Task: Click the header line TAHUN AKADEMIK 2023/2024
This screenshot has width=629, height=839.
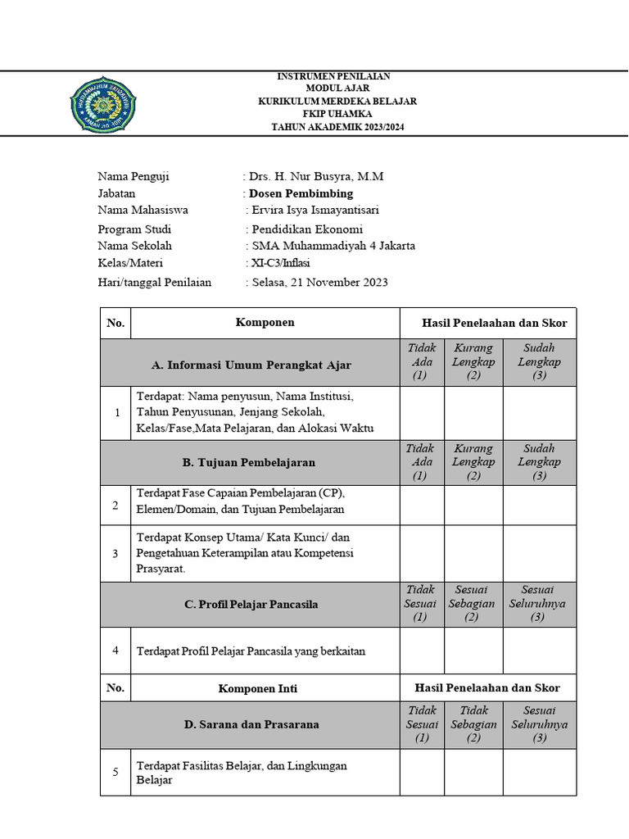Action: [337, 127]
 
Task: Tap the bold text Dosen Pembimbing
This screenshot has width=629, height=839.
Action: [301, 193]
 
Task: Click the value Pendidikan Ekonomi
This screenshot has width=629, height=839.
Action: [306, 229]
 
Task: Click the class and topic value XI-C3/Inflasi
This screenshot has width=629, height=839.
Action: [280, 263]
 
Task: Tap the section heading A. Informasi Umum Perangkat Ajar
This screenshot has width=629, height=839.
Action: [251, 365]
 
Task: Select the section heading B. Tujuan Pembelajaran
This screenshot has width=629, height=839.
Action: [248, 463]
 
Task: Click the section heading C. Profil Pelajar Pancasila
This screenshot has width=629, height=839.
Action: [251, 605]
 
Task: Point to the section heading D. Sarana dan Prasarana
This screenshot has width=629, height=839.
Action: [251, 724]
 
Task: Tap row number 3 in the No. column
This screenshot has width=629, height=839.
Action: [115, 554]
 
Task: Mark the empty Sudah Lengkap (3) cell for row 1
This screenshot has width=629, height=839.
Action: [539, 413]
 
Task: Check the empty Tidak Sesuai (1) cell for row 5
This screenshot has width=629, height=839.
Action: [422, 772]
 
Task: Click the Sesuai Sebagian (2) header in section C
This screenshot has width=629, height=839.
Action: [473, 604]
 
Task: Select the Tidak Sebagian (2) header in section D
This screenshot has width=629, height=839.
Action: [473, 724]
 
